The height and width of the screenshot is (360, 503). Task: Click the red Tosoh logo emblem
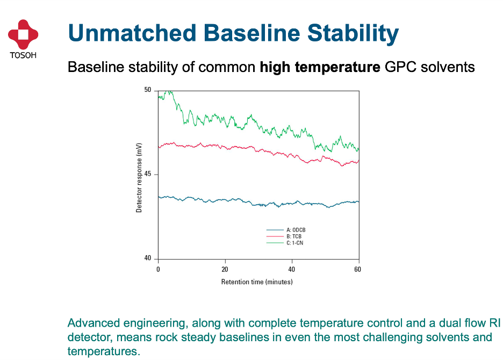pyautogui.click(x=23, y=34)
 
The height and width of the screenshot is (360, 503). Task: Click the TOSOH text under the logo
pyautogui.click(x=23, y=55)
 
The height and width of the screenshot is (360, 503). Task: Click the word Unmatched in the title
pyautogui.click(x=132, y=33)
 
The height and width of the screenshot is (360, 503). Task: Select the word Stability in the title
pyautogui.click(x=353, y=34)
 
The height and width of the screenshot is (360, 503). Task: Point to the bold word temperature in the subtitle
pyautogui.click(x=337, y=67)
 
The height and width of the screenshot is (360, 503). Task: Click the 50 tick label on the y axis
pyautogui.click(x=148, y=90)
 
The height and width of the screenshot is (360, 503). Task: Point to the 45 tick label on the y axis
pyautogui.click(x=148, y=174)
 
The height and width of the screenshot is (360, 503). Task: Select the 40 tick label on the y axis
pyautogui.click(x=148, y=258)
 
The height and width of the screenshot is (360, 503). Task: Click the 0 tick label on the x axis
pyautogui.click(x=158, y=270)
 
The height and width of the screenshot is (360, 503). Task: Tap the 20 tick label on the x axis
pyautogui.click(x=225, y=270)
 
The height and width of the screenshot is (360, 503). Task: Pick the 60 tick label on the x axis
pyautogui.click(x=358, y=270)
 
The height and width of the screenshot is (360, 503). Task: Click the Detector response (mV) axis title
pyautogui.click(x=139, y=178)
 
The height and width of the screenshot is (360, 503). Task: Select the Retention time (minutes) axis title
pyautogui.click(x=257, y=282)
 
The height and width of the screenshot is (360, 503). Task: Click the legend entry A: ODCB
pyautogui.click(x=286, y=230)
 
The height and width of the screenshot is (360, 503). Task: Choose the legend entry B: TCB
pyautogui.click(x=284, y=236)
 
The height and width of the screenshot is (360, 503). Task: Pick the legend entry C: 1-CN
pyautogui.click(x=285, y=243)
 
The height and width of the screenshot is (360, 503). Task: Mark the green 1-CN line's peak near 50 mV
pyautogui.click(x=169, y=91)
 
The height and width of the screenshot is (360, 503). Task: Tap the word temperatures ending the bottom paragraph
pyautogui.click(x=104, y=351)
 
